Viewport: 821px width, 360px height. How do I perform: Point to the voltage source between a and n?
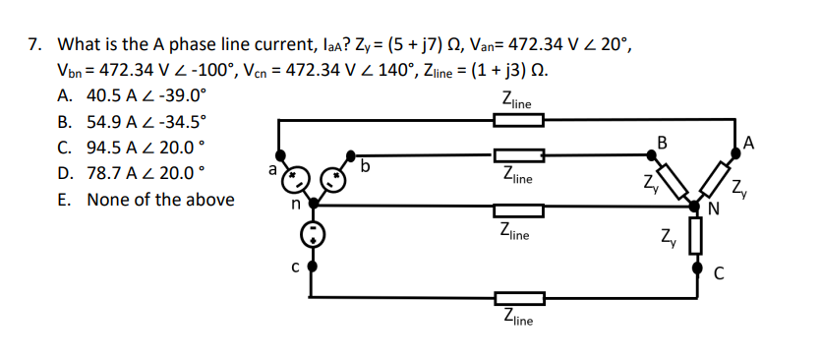[x=296, y=180]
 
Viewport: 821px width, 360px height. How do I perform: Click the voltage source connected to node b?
[x=330, y=180]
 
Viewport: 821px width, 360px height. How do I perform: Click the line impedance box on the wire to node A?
[x=518, y=121]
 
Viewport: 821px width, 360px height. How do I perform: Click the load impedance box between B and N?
[x=675, y=180]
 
